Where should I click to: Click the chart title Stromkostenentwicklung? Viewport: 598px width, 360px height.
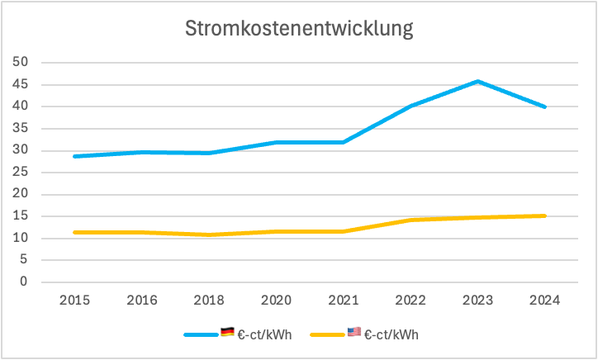click(298, 29)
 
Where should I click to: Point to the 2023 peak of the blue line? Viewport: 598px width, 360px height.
click(477, 81)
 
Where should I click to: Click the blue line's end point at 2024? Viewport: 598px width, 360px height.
click(544, 107)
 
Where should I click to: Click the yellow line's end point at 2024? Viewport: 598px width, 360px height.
click(544, 216)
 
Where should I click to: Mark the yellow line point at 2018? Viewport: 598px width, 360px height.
click(210, 234)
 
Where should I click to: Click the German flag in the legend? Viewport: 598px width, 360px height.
click(227, 332)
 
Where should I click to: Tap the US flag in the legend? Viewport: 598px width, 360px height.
click(354, 332)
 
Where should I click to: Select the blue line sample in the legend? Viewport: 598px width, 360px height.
click(201, 334)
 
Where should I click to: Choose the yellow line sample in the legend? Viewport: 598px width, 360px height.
click(327, 334)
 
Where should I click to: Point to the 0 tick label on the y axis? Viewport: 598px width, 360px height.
click(25, 282)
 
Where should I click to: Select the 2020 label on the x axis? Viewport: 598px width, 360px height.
click(277, 300)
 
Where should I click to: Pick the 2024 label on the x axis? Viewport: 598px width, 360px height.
click(544, 300)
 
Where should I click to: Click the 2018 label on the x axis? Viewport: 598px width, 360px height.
click(210, 300)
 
